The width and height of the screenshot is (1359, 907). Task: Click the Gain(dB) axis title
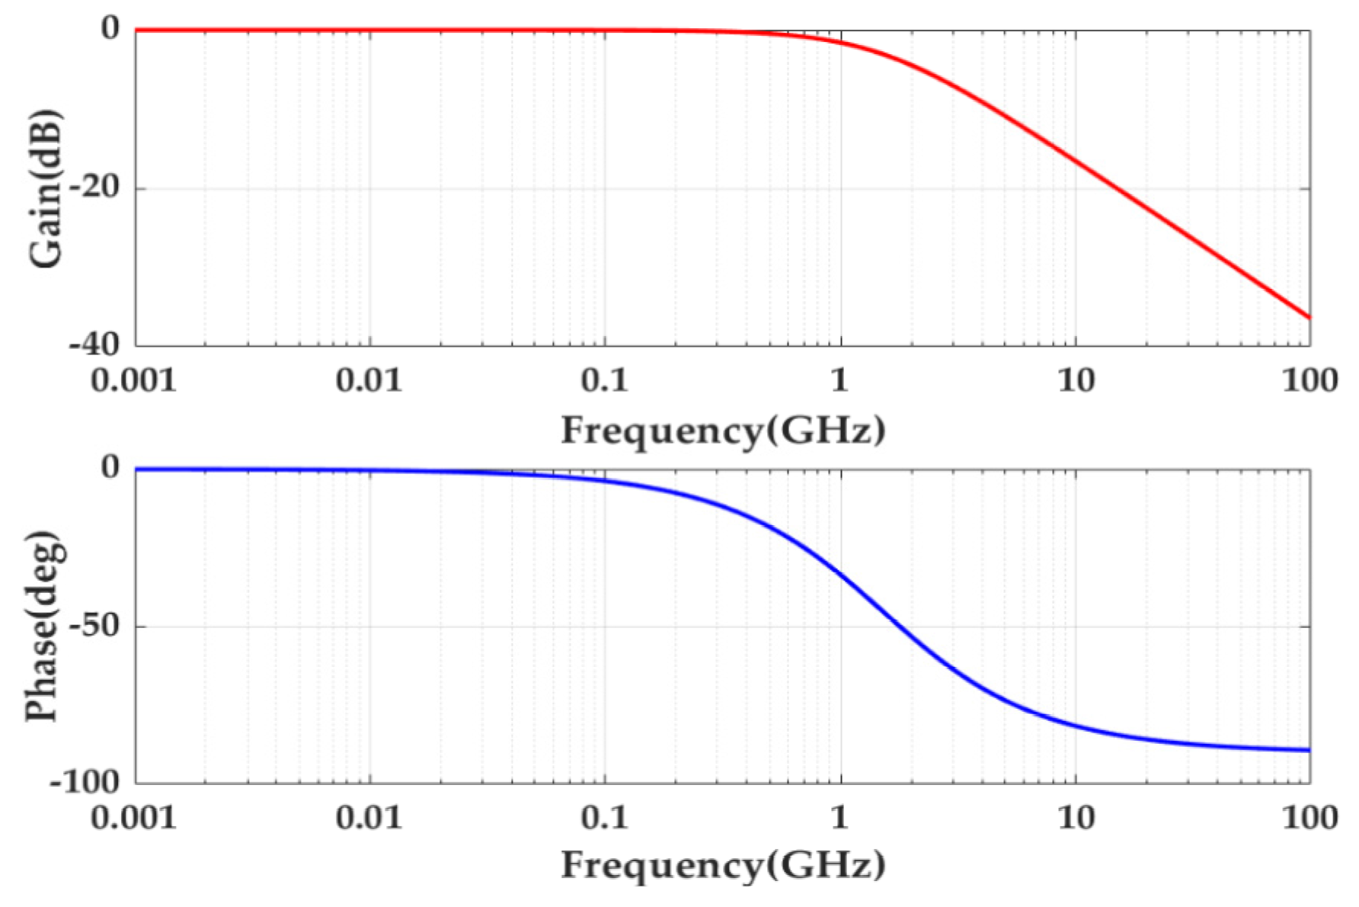(46, 189)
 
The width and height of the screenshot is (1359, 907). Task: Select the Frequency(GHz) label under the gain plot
(723, 431)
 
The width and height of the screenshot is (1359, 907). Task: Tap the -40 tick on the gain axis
(96, 345)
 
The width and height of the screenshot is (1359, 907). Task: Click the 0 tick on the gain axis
(111, 29)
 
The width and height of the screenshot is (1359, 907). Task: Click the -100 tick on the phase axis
(85, 782)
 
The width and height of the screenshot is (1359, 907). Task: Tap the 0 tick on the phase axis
(111, 466)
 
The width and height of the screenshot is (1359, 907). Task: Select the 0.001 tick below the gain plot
(134, 380)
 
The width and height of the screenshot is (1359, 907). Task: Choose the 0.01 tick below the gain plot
(369, 380)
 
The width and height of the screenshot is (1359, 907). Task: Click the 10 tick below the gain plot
(1076, 380)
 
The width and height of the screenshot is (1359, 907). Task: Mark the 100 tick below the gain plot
(1309, 380)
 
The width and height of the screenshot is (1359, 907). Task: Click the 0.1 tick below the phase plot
(605, 819)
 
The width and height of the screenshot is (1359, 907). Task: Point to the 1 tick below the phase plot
(839, 819)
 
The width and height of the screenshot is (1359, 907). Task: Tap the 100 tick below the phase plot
(1309, 819)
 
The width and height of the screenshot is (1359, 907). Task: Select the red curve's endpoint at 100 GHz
(1308, 317)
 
